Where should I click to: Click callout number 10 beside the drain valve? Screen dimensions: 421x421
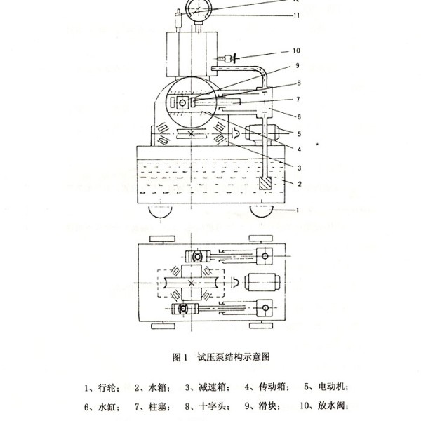[x=296, y=51]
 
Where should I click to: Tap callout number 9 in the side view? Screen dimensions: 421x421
[x=298, y=65]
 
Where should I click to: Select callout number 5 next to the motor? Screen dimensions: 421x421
[x=299, y=134]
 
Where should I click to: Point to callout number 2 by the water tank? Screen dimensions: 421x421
[x=300, y=184]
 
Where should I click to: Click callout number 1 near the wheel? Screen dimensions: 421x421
[x=298, y=210]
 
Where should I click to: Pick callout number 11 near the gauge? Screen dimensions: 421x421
[x=296, y=15]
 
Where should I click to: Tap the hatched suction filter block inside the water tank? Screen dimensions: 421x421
[x=265, y=183]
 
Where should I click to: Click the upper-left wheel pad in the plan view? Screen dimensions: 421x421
[x=162, y=239]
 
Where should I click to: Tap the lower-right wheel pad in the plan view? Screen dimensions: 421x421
[x=261, y=326]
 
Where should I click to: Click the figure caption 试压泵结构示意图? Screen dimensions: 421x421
[x=234, y=357]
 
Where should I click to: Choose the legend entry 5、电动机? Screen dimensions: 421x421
[x=326, y=387]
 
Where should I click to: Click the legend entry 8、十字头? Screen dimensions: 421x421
[x=207, y=406]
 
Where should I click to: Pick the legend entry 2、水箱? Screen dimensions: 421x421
[x=152, y=387]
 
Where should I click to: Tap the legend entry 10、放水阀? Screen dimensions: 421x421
[x=323, y=406]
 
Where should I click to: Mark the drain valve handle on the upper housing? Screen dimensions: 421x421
[x=234, y=58]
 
